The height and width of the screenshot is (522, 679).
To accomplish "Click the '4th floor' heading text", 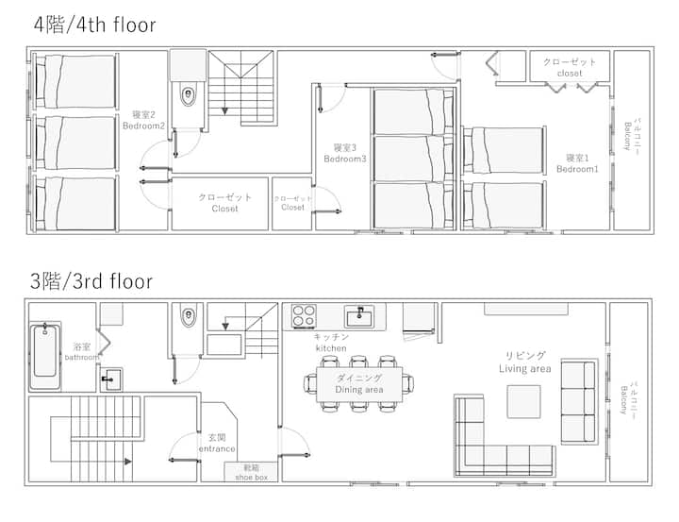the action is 94,25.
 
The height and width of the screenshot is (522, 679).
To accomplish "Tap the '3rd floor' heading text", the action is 91,281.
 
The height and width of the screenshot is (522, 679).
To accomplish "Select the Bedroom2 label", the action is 143,121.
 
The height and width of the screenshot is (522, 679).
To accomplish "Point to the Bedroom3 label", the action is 345,154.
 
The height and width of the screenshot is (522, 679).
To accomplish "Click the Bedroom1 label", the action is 577,163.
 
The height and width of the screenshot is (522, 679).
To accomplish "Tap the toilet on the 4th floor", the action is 188,96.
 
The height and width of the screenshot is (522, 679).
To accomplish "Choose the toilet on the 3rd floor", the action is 188,317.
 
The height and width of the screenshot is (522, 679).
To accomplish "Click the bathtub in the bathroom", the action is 45,356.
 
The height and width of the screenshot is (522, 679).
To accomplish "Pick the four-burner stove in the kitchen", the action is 304,315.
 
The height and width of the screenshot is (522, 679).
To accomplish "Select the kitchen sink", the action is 359,316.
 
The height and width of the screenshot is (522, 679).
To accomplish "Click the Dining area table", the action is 359,384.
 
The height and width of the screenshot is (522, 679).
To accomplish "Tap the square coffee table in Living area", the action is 524,401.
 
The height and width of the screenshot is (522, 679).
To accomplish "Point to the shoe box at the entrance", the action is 251,472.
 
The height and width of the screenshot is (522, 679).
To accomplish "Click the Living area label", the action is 525,362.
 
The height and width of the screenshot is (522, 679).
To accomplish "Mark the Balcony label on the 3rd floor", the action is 629,398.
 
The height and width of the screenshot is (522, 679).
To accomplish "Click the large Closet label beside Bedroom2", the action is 224,203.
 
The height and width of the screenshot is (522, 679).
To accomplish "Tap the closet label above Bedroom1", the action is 570,68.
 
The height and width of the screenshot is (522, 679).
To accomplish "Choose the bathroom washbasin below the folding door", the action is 111,379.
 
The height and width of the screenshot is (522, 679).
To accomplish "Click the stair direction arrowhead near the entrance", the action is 127,462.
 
